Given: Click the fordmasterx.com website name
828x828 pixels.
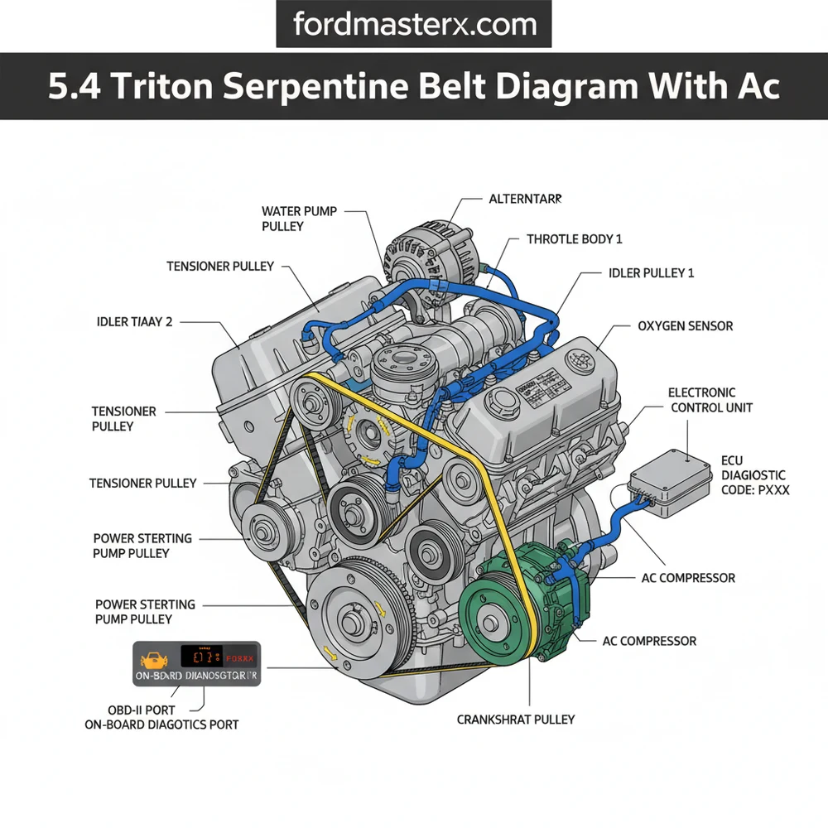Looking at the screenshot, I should click(413, 25).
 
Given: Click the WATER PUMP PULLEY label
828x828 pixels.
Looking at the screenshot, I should click(299, 219).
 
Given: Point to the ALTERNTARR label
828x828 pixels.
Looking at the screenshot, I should click(525, 200).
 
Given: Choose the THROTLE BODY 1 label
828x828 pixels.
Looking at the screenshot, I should click(574, 239).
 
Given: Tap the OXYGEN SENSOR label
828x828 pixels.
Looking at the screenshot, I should click(685, 326).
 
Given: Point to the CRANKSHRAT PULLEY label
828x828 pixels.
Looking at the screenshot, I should click(516, 720).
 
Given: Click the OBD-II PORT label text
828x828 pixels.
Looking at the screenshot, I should click(144, 710).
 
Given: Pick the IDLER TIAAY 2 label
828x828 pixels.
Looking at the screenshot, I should click(134, 322).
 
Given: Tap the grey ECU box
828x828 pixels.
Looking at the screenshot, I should click(671, 488).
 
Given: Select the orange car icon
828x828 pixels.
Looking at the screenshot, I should click(153, 659).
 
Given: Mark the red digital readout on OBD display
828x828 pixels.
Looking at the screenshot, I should click(204, 657).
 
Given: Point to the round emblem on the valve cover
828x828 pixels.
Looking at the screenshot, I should click(577, 361).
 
